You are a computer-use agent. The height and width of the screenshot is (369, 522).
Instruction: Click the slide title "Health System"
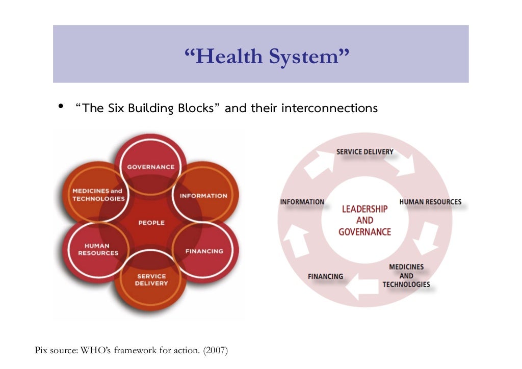pos(267,56)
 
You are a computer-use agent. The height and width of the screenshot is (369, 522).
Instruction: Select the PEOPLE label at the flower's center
pos(151,223)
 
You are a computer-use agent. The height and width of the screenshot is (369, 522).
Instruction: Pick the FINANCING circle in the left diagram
pos(204,251)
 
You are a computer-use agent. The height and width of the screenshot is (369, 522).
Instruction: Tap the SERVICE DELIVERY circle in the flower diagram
pos(151,280)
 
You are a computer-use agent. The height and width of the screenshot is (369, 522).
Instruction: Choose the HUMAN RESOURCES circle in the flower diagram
pos(98,249)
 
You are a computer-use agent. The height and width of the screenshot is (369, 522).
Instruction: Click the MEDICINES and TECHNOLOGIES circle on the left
pos(98,195)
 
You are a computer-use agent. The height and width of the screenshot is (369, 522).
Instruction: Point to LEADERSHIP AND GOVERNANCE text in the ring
pos(364,221)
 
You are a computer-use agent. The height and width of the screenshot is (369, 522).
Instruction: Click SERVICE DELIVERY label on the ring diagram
pos(364,152)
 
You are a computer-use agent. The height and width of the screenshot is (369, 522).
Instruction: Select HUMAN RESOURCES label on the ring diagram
pos(430,202)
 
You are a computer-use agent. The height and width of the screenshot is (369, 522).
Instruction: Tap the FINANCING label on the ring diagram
pos(325,276)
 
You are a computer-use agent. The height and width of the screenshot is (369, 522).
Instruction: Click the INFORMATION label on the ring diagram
pos(302,202)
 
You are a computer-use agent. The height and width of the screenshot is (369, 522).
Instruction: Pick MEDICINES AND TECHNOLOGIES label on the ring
pos(406,276)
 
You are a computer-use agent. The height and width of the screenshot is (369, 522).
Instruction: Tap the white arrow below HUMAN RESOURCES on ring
pos(426,238)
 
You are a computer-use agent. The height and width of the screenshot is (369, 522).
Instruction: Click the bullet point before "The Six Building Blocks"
pos(60,107)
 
